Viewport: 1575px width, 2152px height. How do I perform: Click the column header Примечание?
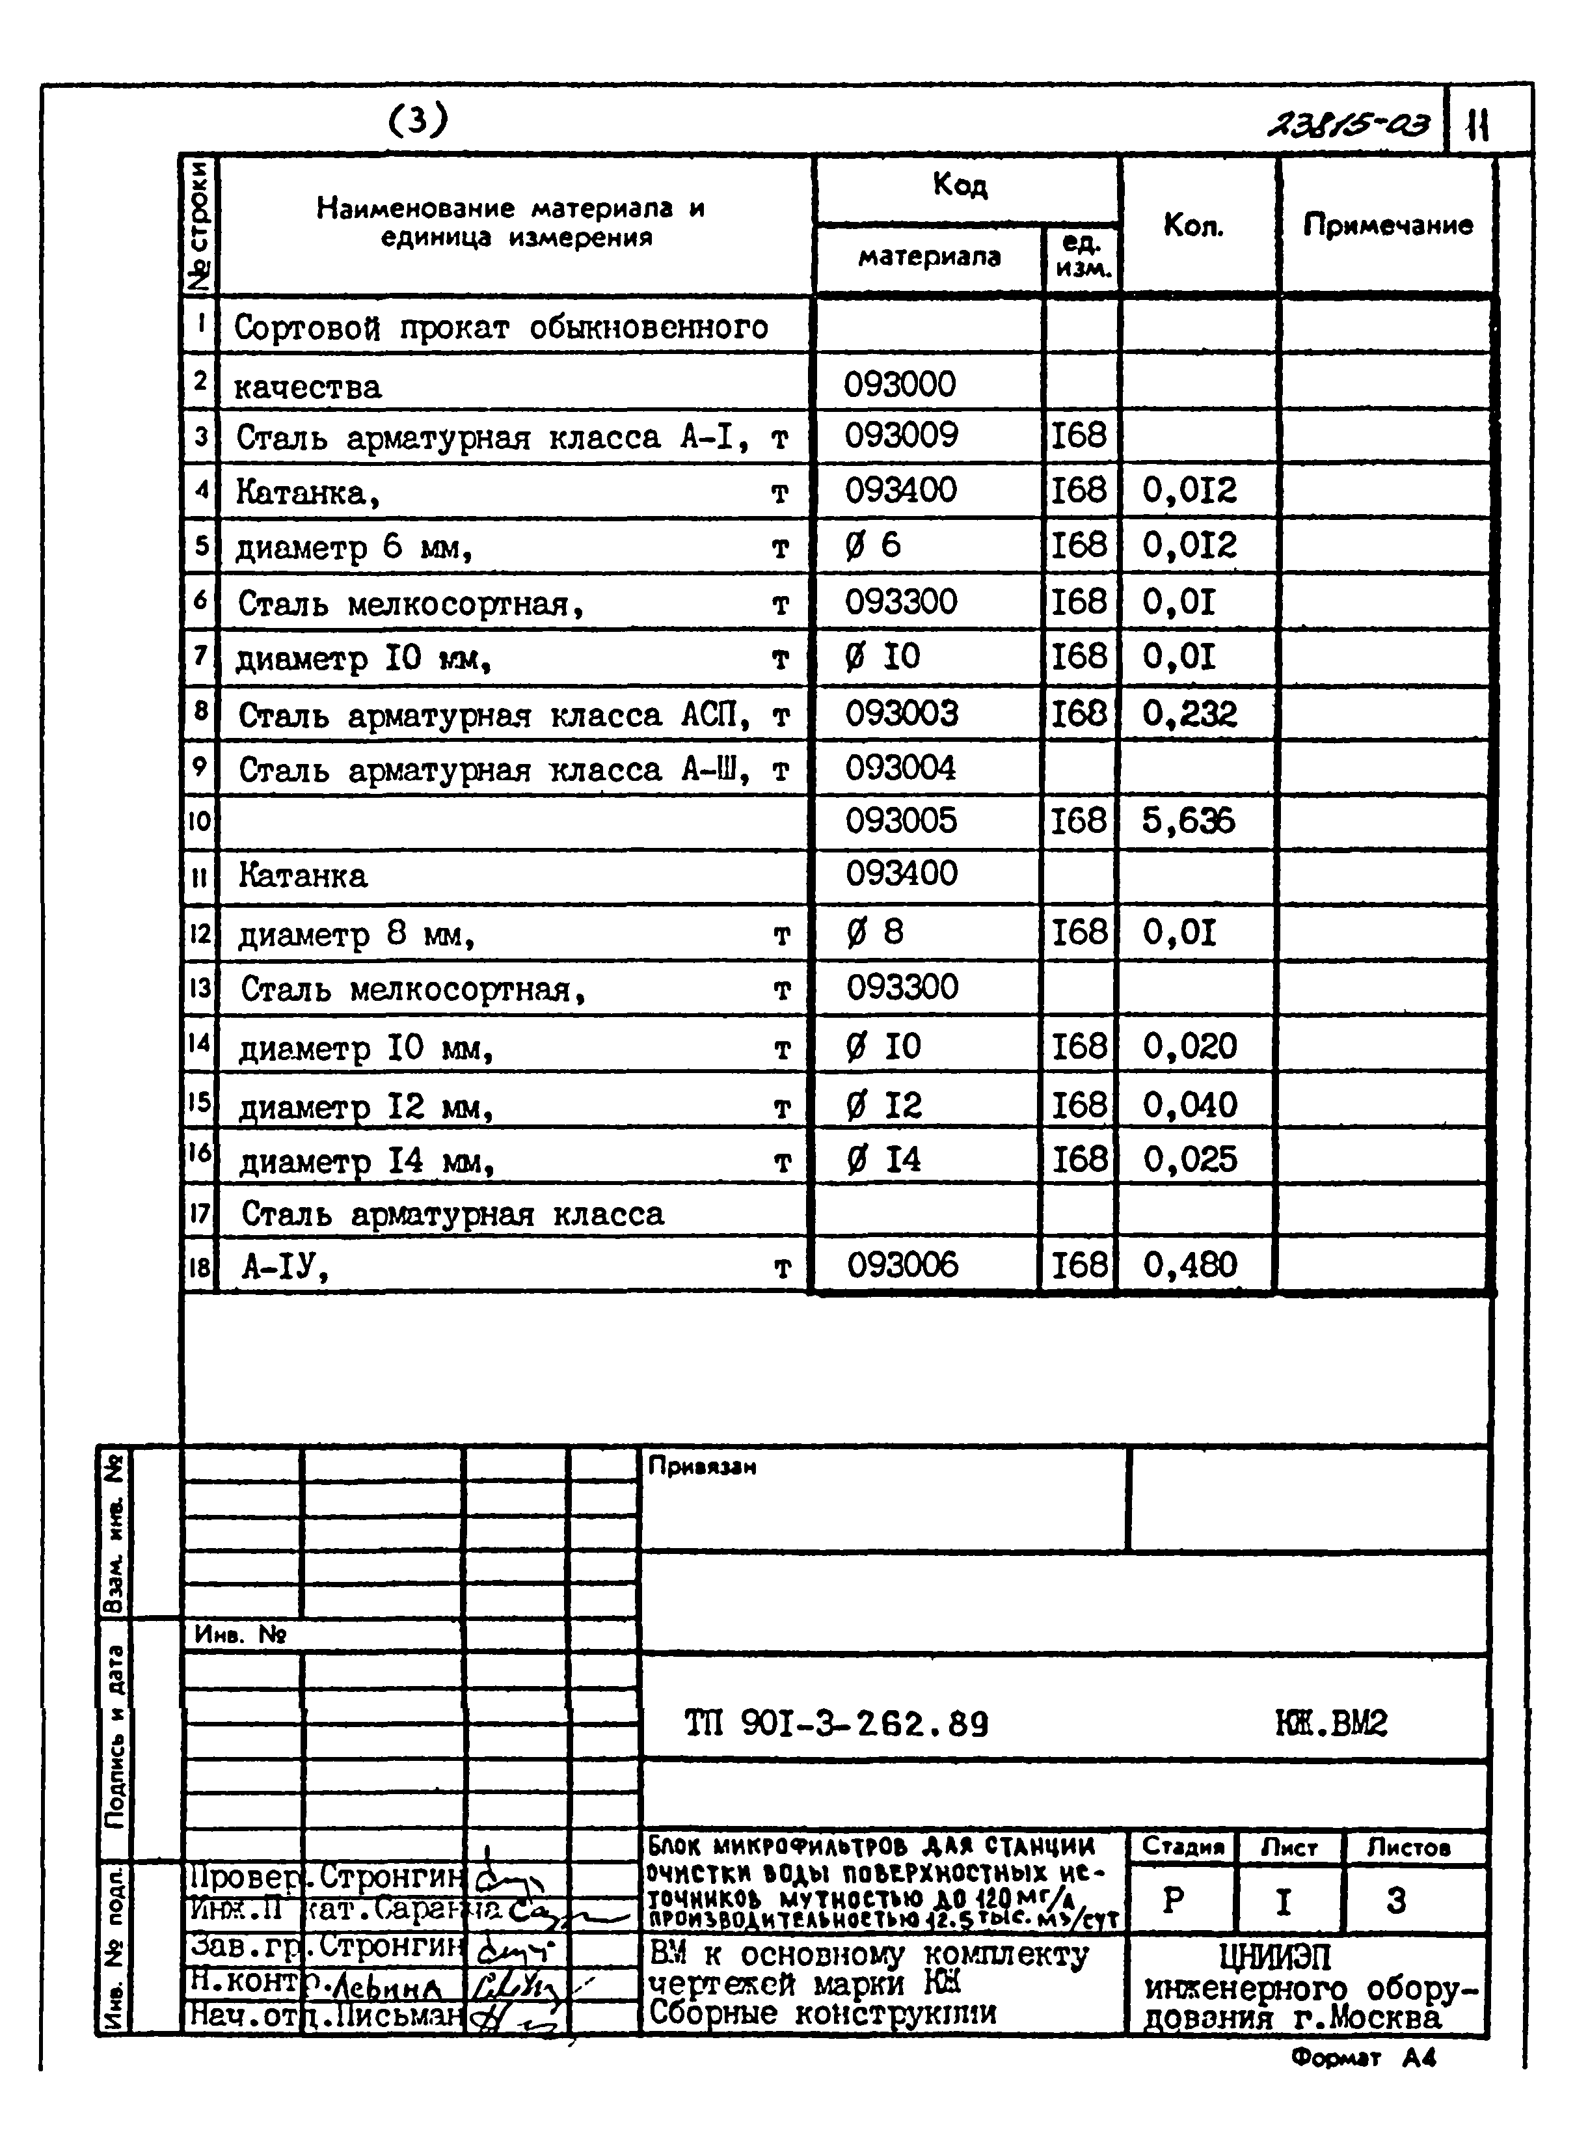[x=1387, y=225]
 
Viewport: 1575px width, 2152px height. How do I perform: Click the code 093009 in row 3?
[x=901, y=436]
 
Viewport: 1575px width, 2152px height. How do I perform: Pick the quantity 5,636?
[x=1188, y=821]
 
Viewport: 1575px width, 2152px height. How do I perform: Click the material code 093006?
[x=902, y=1265]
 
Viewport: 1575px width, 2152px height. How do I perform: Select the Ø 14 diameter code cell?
[x=884, y=1160]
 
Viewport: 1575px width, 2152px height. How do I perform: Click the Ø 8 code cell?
[x=874, y=932]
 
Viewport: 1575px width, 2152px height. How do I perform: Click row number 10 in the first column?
[x=199, y=821]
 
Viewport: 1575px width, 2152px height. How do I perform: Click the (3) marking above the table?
[x=418, y=120]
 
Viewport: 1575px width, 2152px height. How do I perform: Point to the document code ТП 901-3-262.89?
[x=836, y=1724]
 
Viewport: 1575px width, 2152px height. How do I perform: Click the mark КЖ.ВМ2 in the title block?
[x=1331, y=1724]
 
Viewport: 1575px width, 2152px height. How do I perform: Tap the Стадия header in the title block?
[x=1182, y=1847]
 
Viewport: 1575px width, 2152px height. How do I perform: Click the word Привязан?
[x=702, y=1467]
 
